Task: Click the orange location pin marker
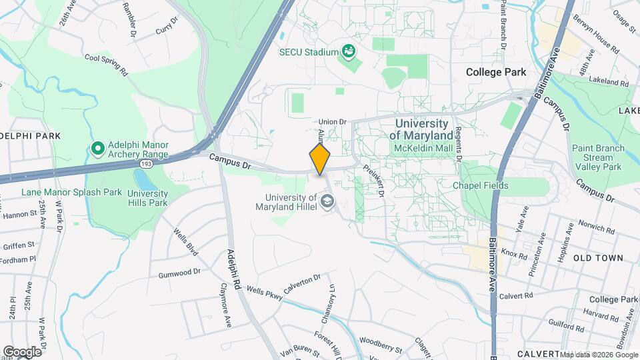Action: [x=320, y=159]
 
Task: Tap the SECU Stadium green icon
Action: [x=347, y=51]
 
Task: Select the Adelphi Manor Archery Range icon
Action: [x=97, y=147]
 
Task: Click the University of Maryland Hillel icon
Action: [x=327, y=201]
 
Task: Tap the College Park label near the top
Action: [x=496, y=72]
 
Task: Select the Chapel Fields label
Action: [x=481, y=185]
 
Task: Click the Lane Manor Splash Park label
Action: [x=71, y=192]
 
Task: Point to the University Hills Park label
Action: [x=148, y=198]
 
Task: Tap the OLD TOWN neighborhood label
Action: [x=598, y=257]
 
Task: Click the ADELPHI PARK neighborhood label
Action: [x=30, y=136]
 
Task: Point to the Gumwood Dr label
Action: [x=179, y=273]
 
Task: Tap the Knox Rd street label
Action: [x=514, y=253]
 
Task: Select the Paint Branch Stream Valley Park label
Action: [x=598, y=158]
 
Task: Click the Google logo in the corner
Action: [x=22, y=351]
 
